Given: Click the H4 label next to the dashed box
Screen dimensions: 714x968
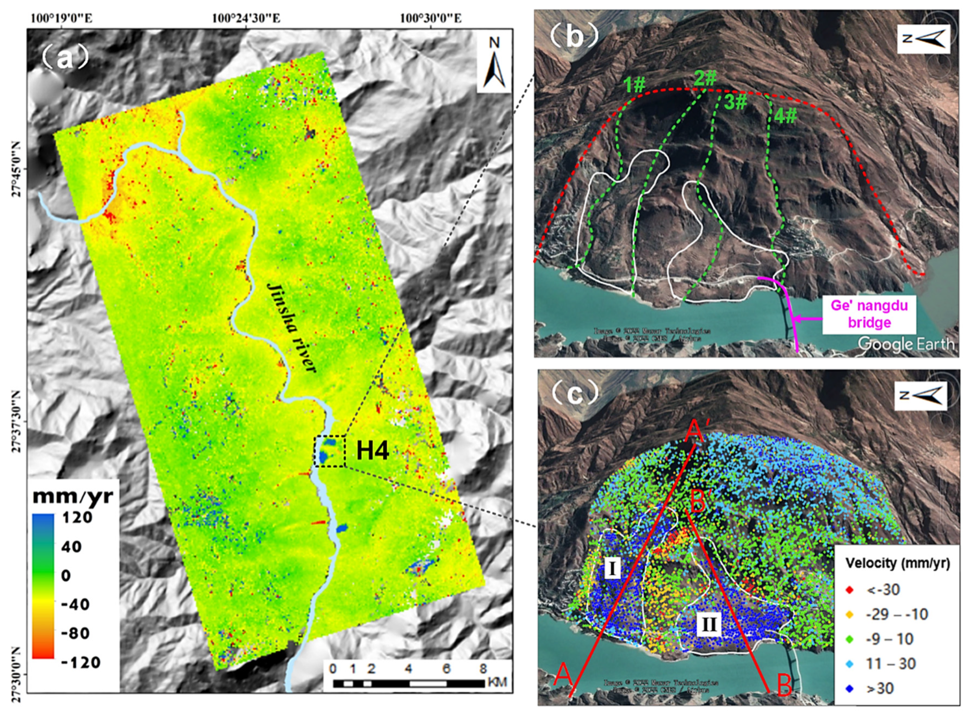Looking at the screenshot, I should tap(372, 451).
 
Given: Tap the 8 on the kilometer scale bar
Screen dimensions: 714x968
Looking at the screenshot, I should tap(483, 668).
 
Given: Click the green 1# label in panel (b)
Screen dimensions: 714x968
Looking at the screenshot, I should tap(635, 86).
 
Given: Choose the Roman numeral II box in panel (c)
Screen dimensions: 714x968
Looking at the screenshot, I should tap(709, 625).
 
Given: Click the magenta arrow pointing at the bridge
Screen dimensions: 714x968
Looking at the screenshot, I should tap(808, 319).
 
